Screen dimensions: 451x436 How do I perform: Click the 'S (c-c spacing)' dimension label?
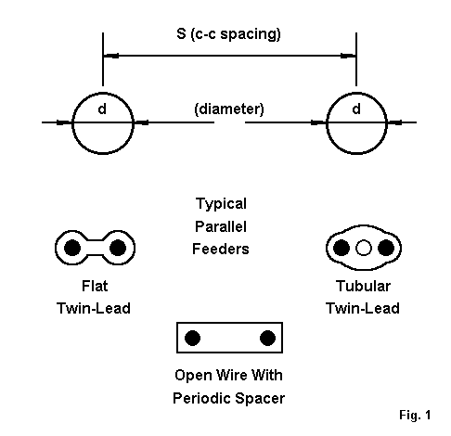click(x=228, y=34)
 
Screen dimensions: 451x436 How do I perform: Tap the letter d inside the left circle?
click(x=102, y=109)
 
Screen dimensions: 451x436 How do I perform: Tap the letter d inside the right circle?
click(x=356, y=109)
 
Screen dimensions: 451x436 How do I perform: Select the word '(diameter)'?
click(x=229, y=109)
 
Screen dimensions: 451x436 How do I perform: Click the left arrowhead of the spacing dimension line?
click(x=110, y=56)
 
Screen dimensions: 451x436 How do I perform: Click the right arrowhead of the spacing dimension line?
click(x=348, y=56)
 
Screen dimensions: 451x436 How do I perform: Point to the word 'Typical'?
click(x=221, y=204)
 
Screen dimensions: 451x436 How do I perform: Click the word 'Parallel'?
click(x=221, y=226)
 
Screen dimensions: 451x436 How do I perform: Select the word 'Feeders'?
click(x=221, y=249)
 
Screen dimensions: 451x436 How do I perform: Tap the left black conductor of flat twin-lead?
click(x=72, y=248)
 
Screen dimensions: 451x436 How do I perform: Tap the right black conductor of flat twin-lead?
click(x=118, y=248)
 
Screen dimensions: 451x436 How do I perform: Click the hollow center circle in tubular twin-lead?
click(x=364, y=248)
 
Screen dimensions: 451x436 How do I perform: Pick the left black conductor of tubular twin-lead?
click(x=341, y=248)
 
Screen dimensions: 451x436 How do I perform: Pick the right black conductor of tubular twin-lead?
click(x=386, y=248)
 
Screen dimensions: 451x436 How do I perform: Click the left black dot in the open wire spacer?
click(x=192, y=338)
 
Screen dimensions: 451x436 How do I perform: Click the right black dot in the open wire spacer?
click(x=267, y=338)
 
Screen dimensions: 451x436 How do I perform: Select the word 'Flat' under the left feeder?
click(x=95, y=286)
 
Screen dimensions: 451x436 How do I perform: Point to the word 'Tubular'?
click(x=363, y=286)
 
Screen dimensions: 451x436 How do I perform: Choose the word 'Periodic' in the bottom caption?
click(x=200, y=398)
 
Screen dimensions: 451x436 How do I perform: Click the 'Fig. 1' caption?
click(x=415, y=415)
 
